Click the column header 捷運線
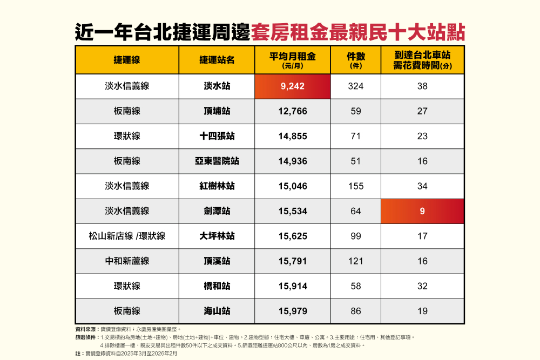(x=127, y=60)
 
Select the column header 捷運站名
(x=217, y=60)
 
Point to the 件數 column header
(x=356, y=60)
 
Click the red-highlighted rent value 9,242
(x=292, y=86)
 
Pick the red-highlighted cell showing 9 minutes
(x=423, y=211)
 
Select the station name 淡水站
(x=217, y=86)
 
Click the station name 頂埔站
(x=217, y=111)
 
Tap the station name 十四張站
(x=217, y=136)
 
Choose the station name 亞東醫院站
(x=217, y=161)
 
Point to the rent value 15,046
(x=293, y=186)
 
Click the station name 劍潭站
(x=217, y=211)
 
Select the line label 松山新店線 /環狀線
(x=127, y=236)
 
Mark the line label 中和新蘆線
(x=127, y=261)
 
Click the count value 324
(x=356, y=86)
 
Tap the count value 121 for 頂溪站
(x=356, y=261)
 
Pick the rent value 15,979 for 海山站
(x=293, y=311)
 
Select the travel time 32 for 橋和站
(x=423, y=286)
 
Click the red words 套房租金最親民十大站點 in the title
(x=358, y=33)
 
